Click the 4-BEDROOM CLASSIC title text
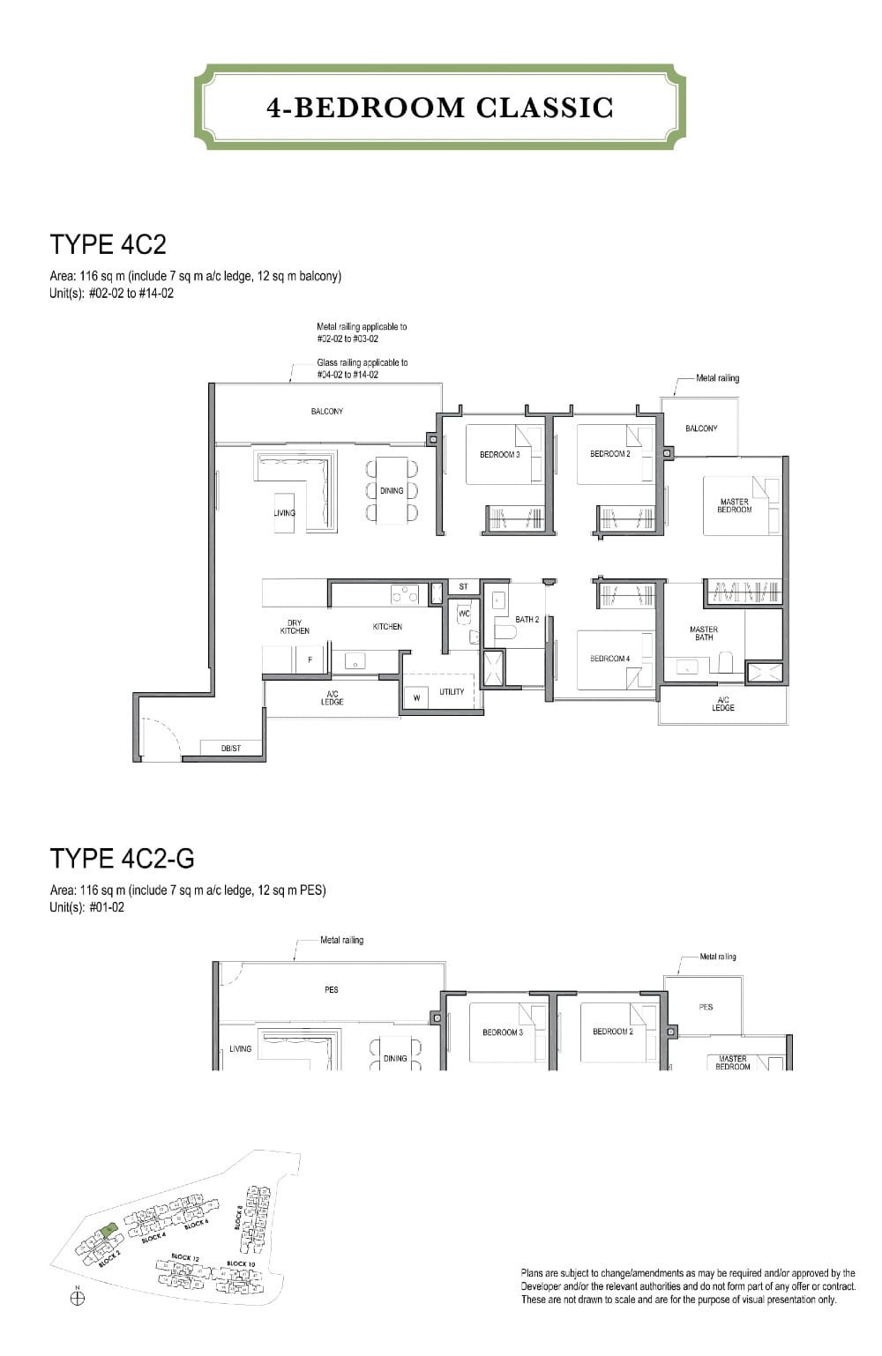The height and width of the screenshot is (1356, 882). pyautogui.click(x=440, y=108)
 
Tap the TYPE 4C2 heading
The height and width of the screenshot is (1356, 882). pyautogui.click(x=108, y=244)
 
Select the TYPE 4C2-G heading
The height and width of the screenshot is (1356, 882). pyautogui.click(x=122, y=857)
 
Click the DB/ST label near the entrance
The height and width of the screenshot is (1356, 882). pyautogui.click(x=231, y=749)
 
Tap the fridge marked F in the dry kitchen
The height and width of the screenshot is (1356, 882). pyautogui.click(x=310, y=659)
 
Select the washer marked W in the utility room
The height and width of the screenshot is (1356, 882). pyautogui.click(x=416, y=697)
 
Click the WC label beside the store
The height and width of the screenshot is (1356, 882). pyautogui.click(x=464, y=614)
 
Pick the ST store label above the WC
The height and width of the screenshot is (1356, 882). pyautogui.click(x=463, y=586)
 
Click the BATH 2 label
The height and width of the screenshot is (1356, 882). pyautogui.click(x=527, y=620)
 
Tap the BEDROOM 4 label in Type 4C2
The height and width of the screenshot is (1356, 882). pyautogui.click(x=609, y=659)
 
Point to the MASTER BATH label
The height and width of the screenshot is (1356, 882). pyautogui.click(x=704, y=633)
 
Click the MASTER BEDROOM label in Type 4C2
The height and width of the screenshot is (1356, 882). pyautogui.click(x=734, y=505)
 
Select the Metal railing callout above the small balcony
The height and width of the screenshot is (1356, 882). pyautogui.click(x=717, y=378)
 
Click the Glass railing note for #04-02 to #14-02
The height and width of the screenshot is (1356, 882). pyautogui.click(x=362, y=369)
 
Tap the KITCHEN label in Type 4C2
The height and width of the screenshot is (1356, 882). pyautogui.click(x=387, y=627)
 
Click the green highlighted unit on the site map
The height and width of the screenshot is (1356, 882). pyautogui.click(x=107, y=1230)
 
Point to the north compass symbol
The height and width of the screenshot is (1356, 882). pyautogui.click(x=78, y=1298)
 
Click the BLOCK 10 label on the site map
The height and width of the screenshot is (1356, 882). pyautogui.click(x=241, y=1263)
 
